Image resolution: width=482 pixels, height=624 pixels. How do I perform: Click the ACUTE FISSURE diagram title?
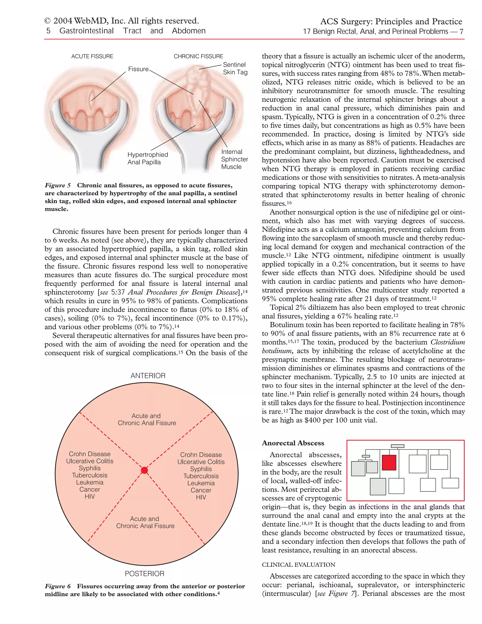[92, 57]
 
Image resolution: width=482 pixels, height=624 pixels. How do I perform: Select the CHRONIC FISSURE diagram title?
[198, 57]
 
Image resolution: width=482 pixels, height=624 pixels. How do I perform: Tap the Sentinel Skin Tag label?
[235, 69]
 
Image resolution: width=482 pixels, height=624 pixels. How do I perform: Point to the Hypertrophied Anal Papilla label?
[148, 158]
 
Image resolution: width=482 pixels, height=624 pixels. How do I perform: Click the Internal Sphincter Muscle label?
[234, 159]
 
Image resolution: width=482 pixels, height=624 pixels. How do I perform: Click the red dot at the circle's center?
[145, 470]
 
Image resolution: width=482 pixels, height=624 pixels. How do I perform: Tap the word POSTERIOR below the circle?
[145, 574]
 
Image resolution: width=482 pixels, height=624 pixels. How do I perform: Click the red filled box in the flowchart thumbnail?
[389, 462]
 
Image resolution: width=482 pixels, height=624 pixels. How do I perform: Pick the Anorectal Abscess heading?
[293, 443]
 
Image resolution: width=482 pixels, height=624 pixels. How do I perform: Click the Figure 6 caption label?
[58, 586]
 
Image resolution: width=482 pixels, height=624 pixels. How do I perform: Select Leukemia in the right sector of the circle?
[201, 483]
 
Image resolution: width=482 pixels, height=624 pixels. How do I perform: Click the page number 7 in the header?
[461, 31]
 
